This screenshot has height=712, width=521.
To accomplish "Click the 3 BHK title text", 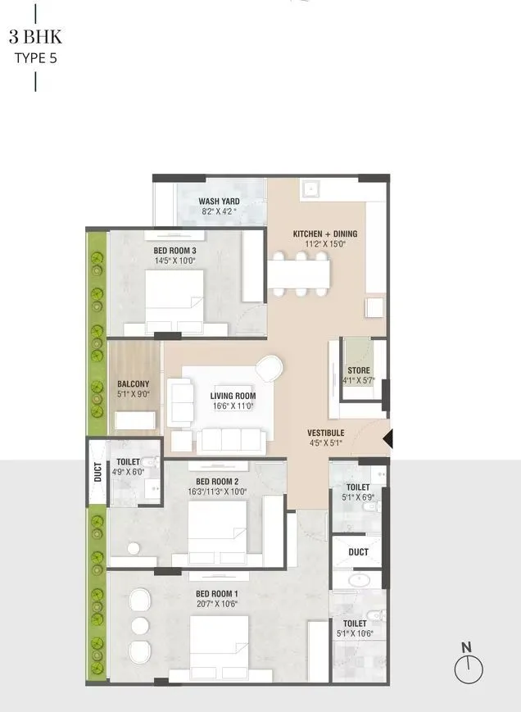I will click(35, 38).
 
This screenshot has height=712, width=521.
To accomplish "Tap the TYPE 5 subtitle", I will click(35, 57).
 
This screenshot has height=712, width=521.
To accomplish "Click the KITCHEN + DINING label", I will click(325, 234).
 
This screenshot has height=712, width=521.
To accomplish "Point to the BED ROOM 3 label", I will click(174, 251).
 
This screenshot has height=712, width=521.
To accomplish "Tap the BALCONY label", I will click(133, 383).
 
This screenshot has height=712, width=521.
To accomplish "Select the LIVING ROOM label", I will click(233, 396).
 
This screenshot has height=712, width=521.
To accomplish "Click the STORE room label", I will click(358, 370).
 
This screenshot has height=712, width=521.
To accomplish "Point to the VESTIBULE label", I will click(325, 433).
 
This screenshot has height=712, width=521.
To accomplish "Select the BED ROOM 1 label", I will click(216, 593).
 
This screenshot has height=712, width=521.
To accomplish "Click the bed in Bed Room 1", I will click(220, 646).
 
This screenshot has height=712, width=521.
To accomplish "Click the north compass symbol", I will click(469, 666).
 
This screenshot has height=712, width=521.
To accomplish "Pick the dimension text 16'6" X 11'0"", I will click(233, 406).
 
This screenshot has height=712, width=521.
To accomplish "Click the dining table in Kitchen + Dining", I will click(300, 272).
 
